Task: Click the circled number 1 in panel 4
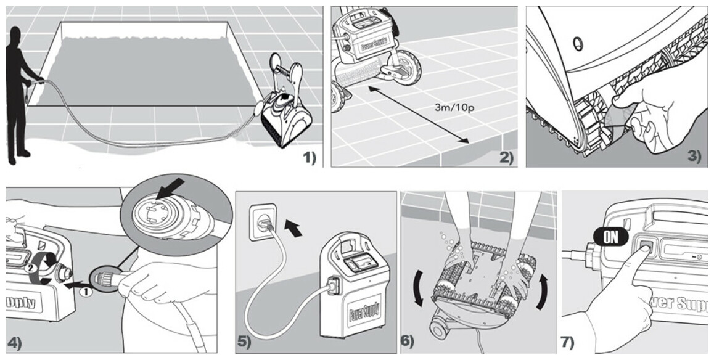(87, 293)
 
